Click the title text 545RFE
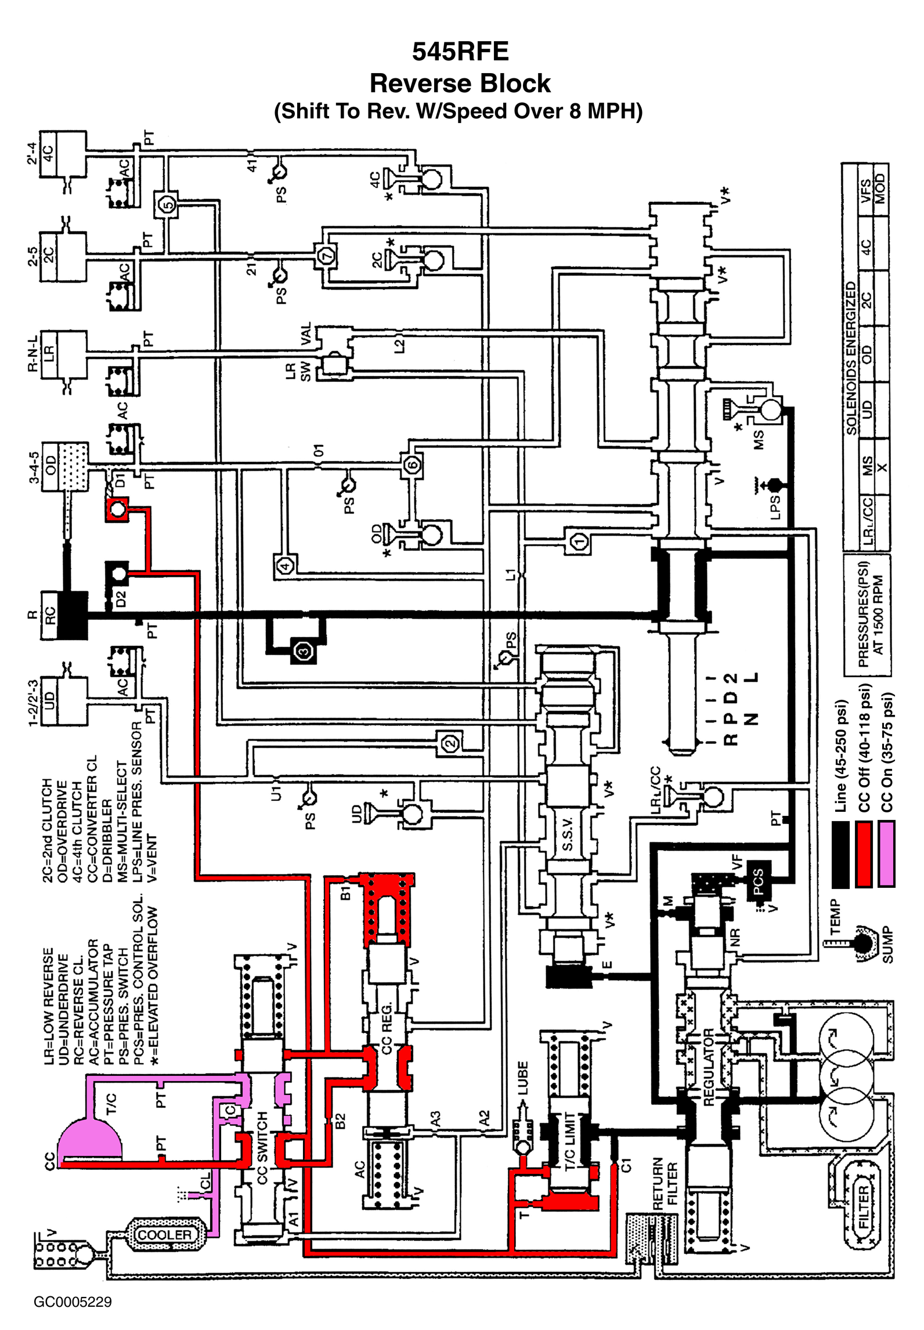pyautogui.click(x=460, y=52)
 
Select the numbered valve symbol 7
pyautogui.click(x=327, y=255)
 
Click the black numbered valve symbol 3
pyautogui.click(x=304, y=651)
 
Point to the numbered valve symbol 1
pyautogui.click(x=579, y=542)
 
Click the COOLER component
pyautogui.click(x=164, y=1234)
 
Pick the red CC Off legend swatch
pyautogui.click(x=864, y=853)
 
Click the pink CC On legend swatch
pyautogui.click(x=886, y=853)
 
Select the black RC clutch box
pyautogui.click(x=73, y=615)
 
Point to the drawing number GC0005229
pyautogui.click(x=73, y=1302)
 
